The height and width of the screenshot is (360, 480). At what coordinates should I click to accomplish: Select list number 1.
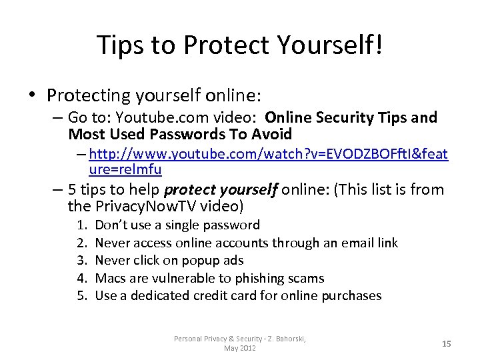click(81, 225)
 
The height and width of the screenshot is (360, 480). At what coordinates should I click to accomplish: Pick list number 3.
click(81, 261)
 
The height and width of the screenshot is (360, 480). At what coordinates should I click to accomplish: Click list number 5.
click(81, 295)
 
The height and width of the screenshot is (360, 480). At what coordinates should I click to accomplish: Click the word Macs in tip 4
click(112, 278)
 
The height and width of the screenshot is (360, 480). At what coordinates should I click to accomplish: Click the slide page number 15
click(447, 343)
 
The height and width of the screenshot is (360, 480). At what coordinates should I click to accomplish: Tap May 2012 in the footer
click(240, 348)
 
